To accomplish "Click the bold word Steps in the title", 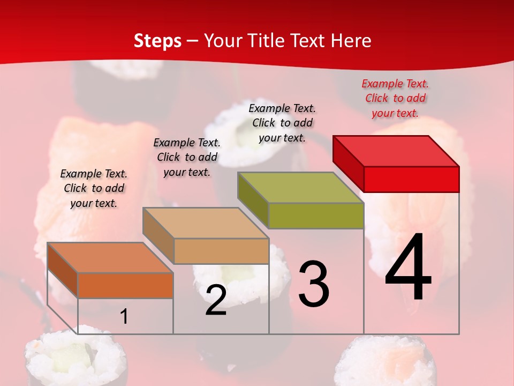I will coord(157,41).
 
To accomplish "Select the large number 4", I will coord(408,269).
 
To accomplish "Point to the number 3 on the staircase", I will coord(313,284).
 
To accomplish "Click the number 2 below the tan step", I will coord(216,301).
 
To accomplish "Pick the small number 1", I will coord(124,317).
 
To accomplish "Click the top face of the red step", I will coord(396,151).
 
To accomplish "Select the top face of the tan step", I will coord(206,223).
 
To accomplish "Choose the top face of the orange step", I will coord(110,258).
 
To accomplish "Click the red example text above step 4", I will coord(395,98).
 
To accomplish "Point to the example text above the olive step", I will coord(282,123).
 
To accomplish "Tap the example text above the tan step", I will coord(187,157).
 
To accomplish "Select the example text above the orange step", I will coord(94,188).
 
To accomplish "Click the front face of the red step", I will coord(411,179).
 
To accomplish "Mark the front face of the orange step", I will coord(125,285).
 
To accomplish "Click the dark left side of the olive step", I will coord(253,200).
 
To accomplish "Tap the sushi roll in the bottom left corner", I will coord(77,359).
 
